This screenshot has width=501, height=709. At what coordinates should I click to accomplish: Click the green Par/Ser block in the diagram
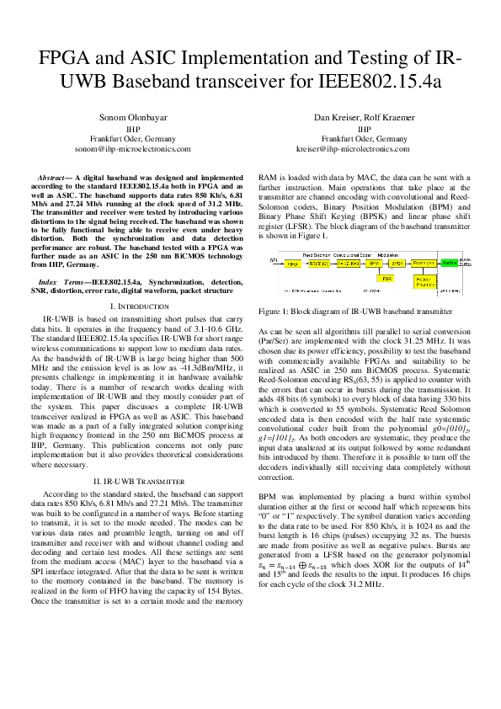click(450, 264)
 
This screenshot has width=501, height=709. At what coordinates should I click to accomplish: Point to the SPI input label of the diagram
click(274, 261)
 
